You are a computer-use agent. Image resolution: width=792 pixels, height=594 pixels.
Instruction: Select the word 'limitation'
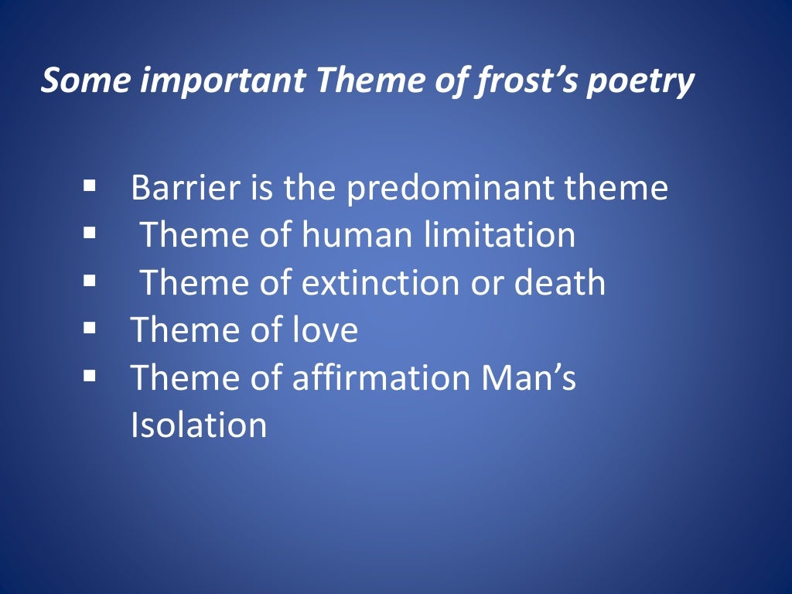[x=500, y=235]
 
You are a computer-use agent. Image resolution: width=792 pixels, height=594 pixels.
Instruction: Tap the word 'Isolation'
[x=199, y=425]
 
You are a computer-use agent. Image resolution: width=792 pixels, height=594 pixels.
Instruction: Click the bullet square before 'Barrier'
[x=90, y=186]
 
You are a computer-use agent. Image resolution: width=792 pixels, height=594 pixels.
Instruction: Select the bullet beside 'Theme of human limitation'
[x=90, y=233]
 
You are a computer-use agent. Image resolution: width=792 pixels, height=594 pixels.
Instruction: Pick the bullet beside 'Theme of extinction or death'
[x=90, y=281]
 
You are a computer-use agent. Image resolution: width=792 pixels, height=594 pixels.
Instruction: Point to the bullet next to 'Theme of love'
[x=90, y=328]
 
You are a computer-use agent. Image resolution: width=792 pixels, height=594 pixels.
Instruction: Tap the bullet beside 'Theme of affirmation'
[x=90, y=376]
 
